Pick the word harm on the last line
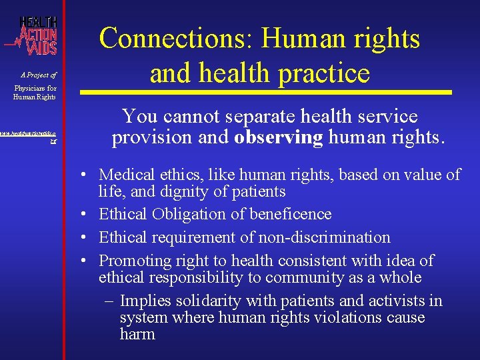tap(137, 334)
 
